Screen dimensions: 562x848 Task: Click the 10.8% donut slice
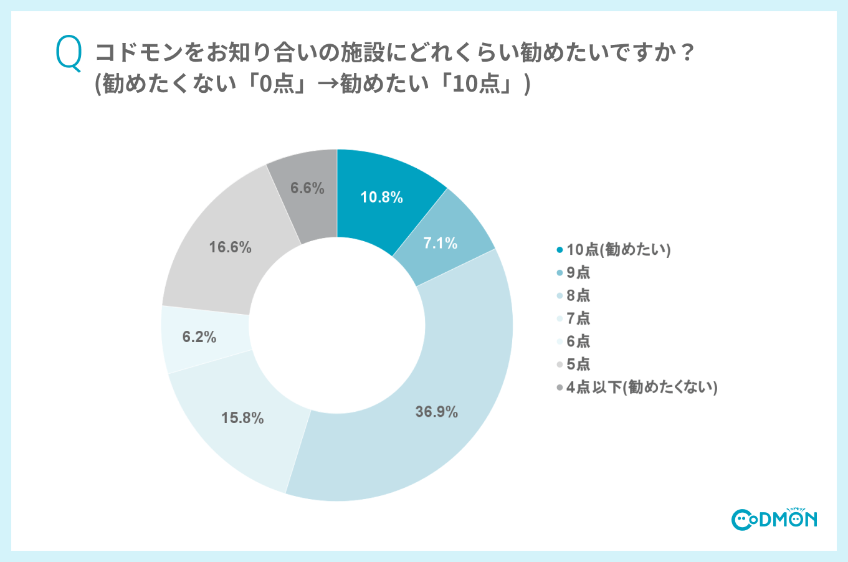(x=381, y=197)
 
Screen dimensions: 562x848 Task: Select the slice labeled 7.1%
(x=441, y=242)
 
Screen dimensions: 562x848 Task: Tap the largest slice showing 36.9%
(x=436, y=411)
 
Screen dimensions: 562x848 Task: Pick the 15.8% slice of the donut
(x=242, y=417)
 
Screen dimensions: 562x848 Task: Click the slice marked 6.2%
(x=199, y=337)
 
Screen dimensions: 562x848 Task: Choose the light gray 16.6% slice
(x=230, y=247)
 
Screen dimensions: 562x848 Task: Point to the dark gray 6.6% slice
(x=307, y=188)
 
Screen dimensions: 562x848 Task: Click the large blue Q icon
(x=69, y=54)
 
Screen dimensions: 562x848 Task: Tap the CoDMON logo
(x=774, y=518)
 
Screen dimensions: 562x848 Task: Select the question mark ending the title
(x=687, y=53)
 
